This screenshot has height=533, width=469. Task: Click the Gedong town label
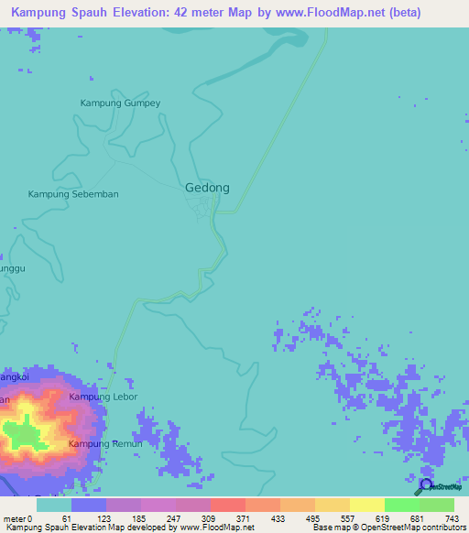coord(207,187)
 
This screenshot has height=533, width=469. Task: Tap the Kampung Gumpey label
coord(120,103)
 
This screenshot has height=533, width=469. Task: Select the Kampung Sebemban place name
coord(73,194)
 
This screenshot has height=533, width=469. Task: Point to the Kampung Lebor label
coord(103,397)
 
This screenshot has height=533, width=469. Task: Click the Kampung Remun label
coord(105,443)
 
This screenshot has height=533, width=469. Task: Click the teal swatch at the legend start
coord(54,505)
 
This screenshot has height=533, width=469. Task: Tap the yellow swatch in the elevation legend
coord(366,505)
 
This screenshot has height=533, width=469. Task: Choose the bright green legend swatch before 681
coord(401,505)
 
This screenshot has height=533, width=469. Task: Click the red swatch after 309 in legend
coord(227,505)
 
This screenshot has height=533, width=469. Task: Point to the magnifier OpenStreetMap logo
coord(424,486)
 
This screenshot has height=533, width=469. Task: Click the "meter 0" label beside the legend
coord(17,518)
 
